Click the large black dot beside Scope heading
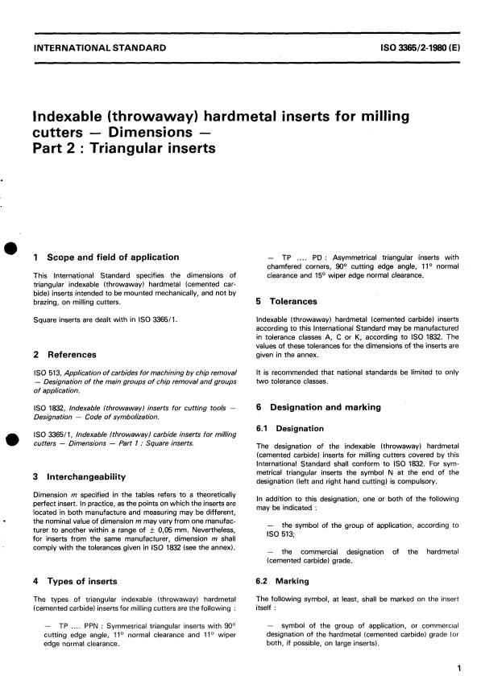(x=10, y=249)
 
